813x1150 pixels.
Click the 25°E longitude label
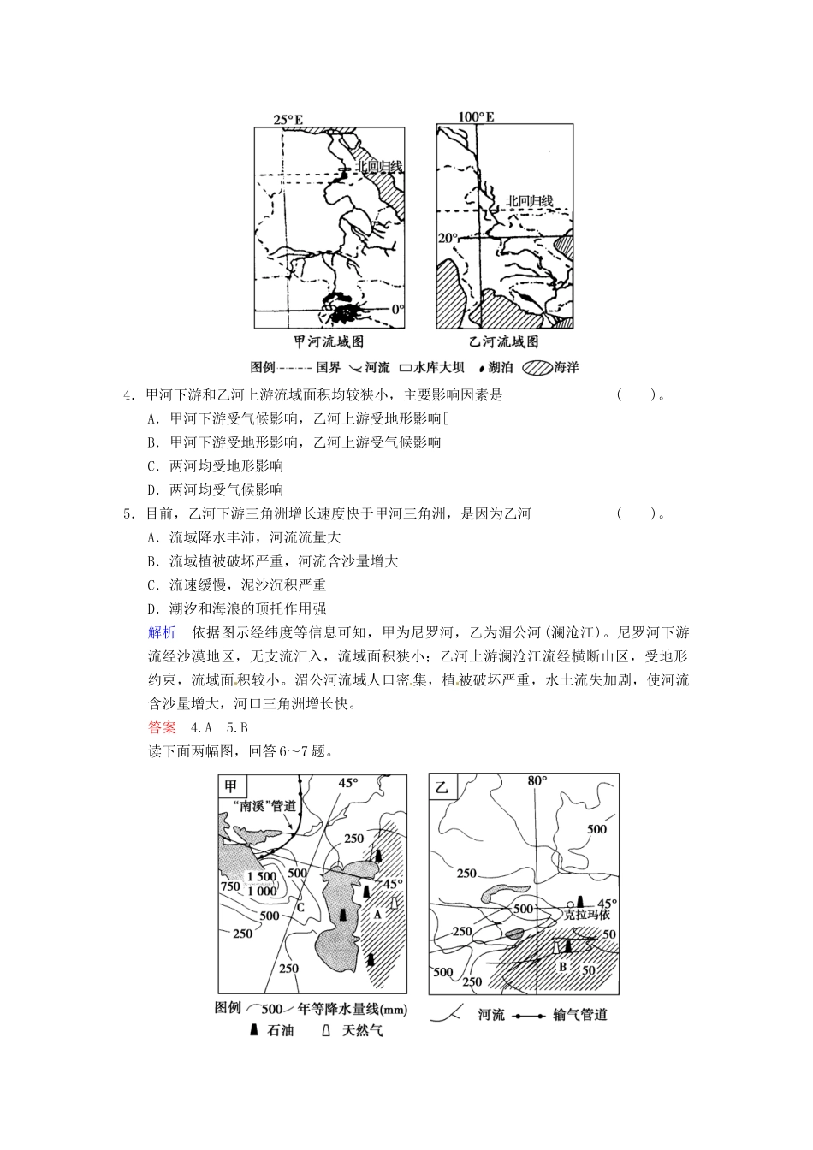(288, 120)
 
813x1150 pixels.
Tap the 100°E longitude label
(476, 116)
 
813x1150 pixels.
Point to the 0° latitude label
(397, 309)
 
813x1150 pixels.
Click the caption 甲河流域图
(329, 341)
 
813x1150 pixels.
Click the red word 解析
(162, 632)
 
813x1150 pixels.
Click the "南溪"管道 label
(264, 806)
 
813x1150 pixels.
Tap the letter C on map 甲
(300, 906)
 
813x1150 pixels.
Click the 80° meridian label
(537, 780)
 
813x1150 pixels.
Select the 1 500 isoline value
(261, 876)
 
